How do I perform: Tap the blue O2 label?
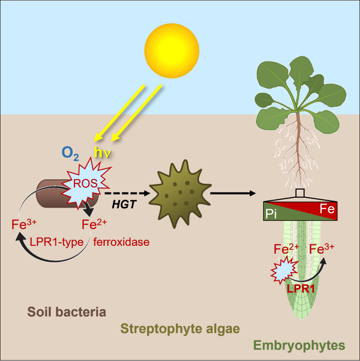(x=70, y=153)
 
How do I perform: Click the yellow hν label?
(x=101, y=152)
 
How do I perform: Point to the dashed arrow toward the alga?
(x=127, y=193)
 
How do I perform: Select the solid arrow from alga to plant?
(x=233, y=193)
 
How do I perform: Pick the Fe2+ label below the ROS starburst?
(x=94, y=224)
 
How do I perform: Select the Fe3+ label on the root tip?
(x=322, y=249)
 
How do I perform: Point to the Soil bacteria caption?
(x=67, y=312)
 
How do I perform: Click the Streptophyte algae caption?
(x=180, y=329)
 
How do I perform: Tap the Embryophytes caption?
(x=299, y=345)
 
